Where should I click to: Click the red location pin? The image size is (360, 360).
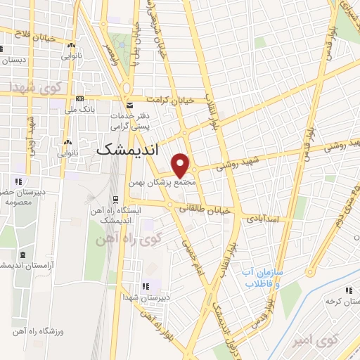click(181, 165)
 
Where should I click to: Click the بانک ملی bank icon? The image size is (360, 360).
click(79, 98)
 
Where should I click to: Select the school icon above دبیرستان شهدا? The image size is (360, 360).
click(146, 286)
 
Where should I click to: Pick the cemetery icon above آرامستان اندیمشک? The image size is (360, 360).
click(24, 253)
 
